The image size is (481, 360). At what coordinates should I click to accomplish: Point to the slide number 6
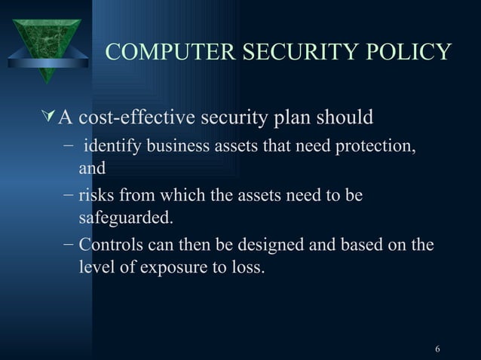(438, 349)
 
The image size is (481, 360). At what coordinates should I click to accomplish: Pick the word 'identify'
(112, 145)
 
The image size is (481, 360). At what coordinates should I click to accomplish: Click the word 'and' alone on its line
(92, 169)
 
